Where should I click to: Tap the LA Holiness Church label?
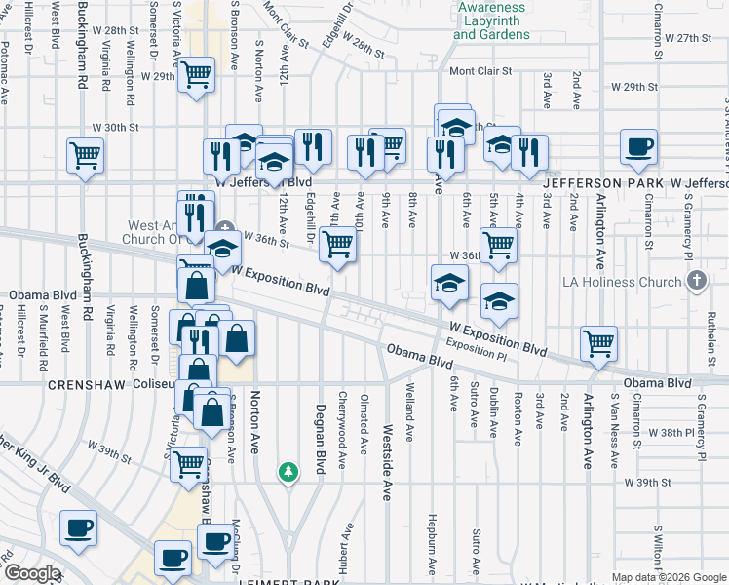click(623, 283)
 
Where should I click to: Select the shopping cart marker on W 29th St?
click(197, 74)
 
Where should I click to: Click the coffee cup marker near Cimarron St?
click(639, 147)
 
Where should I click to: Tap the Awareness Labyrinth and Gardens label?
click(492, 20)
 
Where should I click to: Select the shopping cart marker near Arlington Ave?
click(598, 342)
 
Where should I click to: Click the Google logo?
click(31, 573)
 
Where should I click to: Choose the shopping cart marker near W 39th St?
click(188, 464)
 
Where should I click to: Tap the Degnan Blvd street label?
click(318, 439)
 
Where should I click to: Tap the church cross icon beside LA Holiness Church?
click(696, 282)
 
